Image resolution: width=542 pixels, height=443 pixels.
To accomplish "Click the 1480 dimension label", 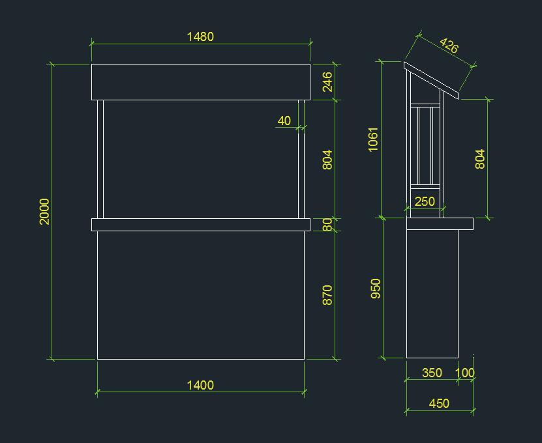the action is (200, 36).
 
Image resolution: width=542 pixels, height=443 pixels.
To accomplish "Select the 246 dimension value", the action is (327, 81).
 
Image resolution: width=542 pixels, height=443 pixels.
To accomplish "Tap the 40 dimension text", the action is (284, 121).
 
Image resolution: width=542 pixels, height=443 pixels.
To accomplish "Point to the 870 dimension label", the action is (327, 294).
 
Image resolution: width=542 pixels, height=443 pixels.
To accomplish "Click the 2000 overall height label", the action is (44, 212).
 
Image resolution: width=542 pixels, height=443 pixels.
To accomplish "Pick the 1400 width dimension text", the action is (200, 385).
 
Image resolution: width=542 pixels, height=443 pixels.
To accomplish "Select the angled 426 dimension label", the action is (449, 46).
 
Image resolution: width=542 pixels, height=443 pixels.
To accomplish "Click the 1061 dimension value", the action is (373, 139).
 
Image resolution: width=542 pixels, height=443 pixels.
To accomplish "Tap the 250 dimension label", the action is (425, 201).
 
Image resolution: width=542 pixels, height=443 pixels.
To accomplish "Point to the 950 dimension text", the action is (376, 289).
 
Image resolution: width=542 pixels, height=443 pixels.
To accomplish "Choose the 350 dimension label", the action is (432, 373).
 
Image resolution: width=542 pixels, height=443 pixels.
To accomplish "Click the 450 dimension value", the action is (439, 403).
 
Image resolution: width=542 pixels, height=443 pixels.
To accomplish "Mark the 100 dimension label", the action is (465, 373).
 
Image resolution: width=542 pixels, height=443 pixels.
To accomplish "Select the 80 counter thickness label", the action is (327, 225).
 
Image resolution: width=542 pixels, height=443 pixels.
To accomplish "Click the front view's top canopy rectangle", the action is (200, 81).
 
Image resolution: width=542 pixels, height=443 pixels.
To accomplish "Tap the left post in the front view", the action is (100, 159).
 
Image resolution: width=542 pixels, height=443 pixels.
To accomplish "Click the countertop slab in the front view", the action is (200, 225).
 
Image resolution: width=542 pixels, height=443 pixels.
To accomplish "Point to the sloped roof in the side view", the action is (431, 81).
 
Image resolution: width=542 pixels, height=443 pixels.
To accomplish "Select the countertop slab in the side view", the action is (439, 223).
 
